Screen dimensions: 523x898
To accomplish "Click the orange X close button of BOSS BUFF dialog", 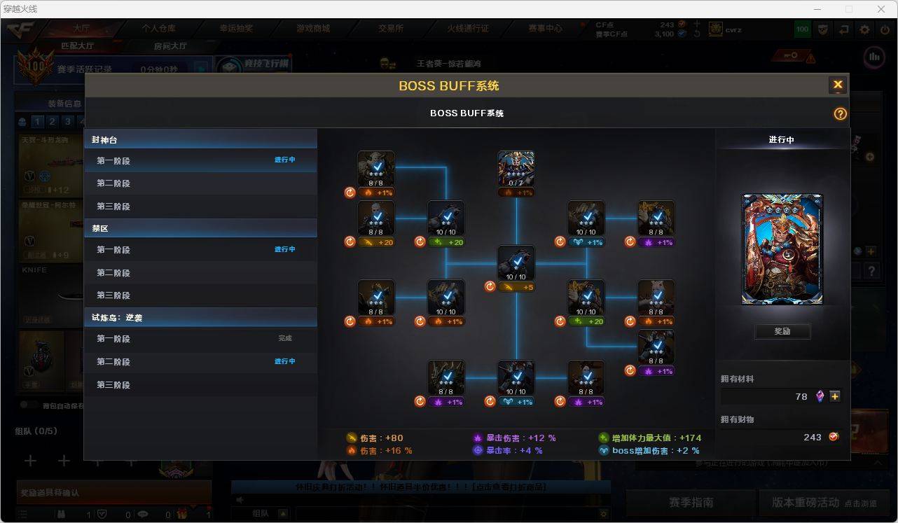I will click(x=837, y=85).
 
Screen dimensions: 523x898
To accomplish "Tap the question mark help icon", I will click(x=840, y=114).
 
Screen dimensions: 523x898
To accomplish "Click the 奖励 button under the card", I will click(x=782, y=331).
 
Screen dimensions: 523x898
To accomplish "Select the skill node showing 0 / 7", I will click(x=516, y=169).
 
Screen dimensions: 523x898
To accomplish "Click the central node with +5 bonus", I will click(x=516, y=263).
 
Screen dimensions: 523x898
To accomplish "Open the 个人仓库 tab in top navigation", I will click(x=159, y=29).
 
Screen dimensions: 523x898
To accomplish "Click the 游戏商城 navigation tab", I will click(x=313, y=29).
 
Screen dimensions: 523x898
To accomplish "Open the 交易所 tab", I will click(x=391, y=29).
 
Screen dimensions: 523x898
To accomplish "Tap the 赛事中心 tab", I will click(x=545, y=29).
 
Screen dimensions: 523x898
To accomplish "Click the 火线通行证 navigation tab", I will click(x=468, y=29).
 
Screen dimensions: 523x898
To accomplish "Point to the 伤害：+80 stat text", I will click(x=382, y=438).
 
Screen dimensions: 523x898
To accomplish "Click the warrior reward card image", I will click(x=782, y=249).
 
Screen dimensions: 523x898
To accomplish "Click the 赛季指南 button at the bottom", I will click(x=691, y=503).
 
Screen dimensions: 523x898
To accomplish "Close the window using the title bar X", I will click(x=881, y=9).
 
